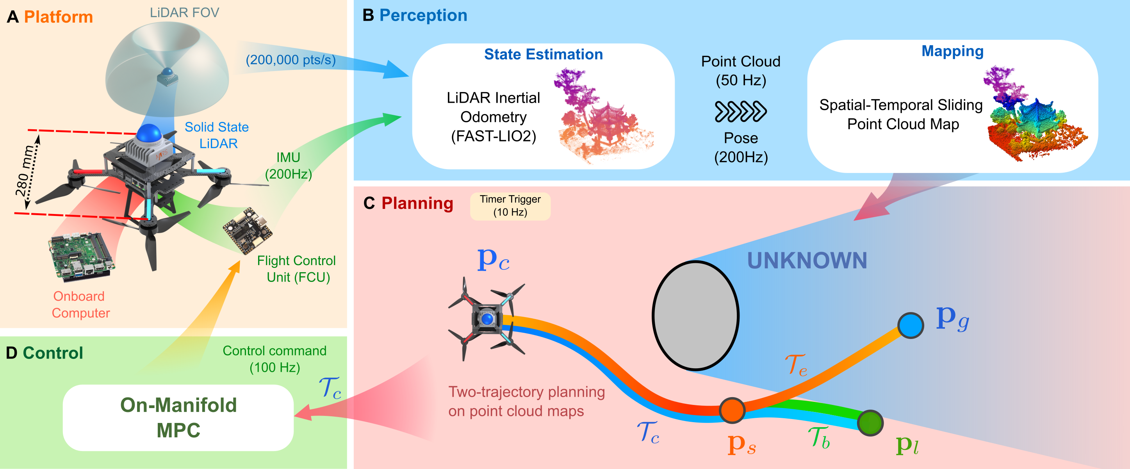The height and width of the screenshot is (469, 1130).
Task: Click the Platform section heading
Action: click(x=58, y=17)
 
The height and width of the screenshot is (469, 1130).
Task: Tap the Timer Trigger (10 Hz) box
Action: click(x=510, y=206)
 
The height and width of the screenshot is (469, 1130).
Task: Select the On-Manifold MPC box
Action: click(x=178, y=418)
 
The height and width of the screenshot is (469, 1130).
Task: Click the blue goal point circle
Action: click(x=911, y=325)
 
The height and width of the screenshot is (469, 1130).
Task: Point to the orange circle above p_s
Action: click(x=732, y=410)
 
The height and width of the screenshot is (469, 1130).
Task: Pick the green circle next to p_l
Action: click(x=870, y=423)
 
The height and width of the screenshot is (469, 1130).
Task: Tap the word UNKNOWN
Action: click(x=807, y=260)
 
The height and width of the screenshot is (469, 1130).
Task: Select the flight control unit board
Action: click(x=248, y=230)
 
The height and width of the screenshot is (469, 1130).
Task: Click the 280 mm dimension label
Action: click(x=25, y=171)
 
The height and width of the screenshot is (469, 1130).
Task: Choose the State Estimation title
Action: click(x=544, y=54)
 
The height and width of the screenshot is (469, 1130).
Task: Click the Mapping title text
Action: click(x=952, y=51)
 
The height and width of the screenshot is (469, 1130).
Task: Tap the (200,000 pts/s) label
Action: click(x=291, y=60)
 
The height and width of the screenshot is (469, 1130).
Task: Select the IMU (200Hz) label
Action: click(x=288, y=166)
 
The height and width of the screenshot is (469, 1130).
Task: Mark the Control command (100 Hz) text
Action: click(x=274, y=359)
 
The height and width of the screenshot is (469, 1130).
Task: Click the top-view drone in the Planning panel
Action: click(x=487, y=319)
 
